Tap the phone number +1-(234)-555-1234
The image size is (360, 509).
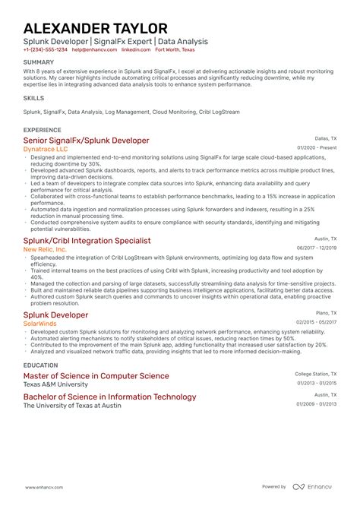click(x=45, y=49)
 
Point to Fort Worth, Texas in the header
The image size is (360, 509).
click(x=175, y=49)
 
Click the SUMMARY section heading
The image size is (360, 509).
click(x=38, y=62)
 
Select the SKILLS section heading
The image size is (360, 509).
click(x=33, y=98)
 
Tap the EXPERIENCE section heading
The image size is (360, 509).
click(x=43, y=130)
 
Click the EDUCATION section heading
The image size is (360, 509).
click(x=41, y=365)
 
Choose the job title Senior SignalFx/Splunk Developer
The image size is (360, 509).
click(x=86, y=141)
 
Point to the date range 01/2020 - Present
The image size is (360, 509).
click(x=317, y=148)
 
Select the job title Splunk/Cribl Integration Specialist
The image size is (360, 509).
click(x=87, y=240)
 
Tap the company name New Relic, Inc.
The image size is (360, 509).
click(x=45, y=249)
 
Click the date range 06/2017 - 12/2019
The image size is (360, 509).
click(x=317, y=248)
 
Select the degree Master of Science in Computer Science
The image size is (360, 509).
click(x=96, y=375)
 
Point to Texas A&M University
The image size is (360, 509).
click(x=55, y=384)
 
